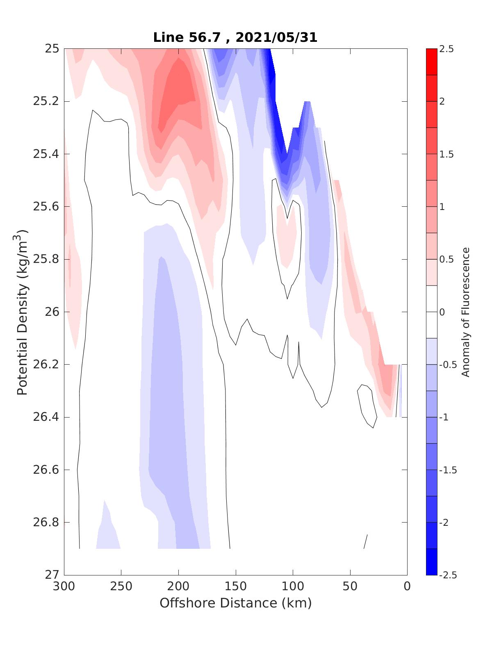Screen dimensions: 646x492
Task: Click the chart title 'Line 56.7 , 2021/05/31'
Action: pyautogui.click(x=235, y=37)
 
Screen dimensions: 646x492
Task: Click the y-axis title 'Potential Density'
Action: pyautogui.click(x=23, y=312)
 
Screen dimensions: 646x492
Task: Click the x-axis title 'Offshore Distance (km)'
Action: pyautogui.click(x=235, y=603)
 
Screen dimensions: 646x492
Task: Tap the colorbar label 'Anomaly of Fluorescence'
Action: pyautogui.click(x=465, y=312)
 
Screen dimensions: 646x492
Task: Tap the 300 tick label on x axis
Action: pyautogui.click(x=64, y=587)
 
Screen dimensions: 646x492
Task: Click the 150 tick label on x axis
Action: pyautogui.click(x=236, y=587)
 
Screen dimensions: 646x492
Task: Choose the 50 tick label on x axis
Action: pyautogui.click(x=350, y=587)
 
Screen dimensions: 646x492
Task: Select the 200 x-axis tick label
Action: pyautogui.click(x=179, y=587)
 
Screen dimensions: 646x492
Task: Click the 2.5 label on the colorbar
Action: pyautogui.click(x=446, y=49)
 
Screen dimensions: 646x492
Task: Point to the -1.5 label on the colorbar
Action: pyautogui.click(x=448, y=470)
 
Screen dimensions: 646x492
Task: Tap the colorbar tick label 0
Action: pyautogui.click(x=442, y=312)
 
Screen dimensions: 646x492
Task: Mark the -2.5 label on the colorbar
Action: pyautogui.click(x=448, y=575)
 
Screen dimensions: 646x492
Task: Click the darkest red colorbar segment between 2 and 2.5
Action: pyautogui.click(x=431, y=62)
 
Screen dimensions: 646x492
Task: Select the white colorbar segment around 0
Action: pyautogui.click(x=431, y=312)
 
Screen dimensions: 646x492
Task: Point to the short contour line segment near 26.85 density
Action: pyautogui.click(x=366, y=541)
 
